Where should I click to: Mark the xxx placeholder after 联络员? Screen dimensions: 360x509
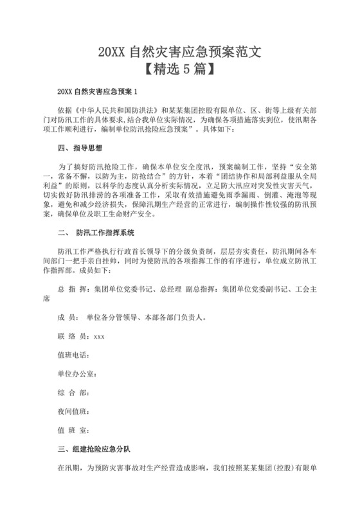point(99,335)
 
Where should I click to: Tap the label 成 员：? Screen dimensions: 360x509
point(69,317)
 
